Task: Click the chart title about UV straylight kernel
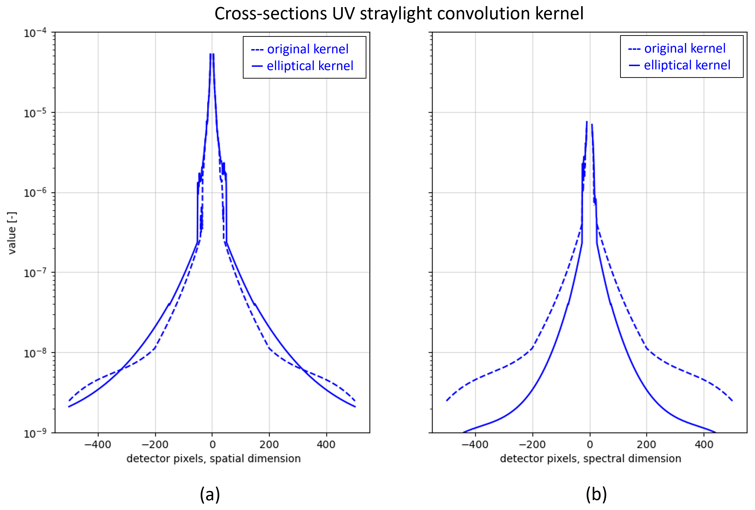pos(399,14)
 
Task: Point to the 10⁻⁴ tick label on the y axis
pos(35,33)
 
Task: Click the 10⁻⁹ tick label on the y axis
pos(35,433)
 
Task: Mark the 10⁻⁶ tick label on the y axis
pos(35,193)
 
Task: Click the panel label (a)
pos(210,494)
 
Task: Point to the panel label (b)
pos(596,494)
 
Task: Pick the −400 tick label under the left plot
pos(98,444)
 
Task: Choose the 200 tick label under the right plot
pos(647,444)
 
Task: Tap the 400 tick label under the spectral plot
pos(704,444)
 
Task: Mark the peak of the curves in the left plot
pos(212,55)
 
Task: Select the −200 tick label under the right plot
pos(532,444)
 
